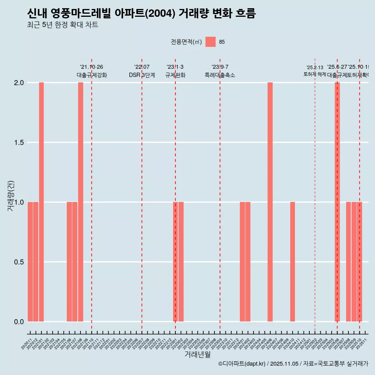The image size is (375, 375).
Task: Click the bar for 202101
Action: click(41, 202)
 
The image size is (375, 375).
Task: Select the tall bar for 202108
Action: click(80, 202)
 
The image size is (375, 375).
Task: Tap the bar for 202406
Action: click(270, 202)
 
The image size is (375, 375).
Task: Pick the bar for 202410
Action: click(293, 262)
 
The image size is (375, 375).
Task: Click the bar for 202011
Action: click(30, 262)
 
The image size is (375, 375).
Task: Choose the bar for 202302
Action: click(181, 262)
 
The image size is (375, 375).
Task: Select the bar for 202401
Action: click(242, 262)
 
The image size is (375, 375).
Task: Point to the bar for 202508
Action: click(348, 262)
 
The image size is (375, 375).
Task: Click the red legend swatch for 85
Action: click(211, 42)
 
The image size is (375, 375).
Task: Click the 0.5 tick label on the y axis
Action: click(19, 262)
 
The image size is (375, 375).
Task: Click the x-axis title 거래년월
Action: click(197, 355)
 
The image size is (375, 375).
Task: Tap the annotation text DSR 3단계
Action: click(142, 75)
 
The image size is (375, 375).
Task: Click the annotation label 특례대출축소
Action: click(220, 75)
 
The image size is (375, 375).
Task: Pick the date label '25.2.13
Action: click(314, 68)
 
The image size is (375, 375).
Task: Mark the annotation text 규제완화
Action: click(175, 75)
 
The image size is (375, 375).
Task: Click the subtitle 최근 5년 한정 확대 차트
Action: click(62, 25)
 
